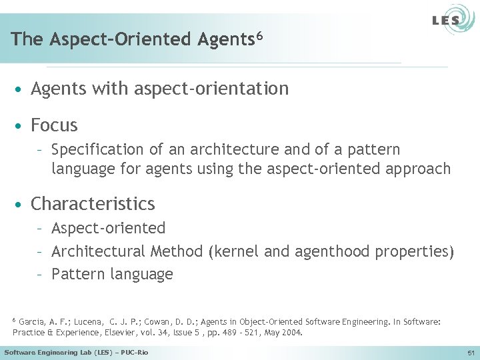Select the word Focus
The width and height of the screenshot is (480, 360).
point(54,125)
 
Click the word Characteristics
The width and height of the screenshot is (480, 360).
point(93,203)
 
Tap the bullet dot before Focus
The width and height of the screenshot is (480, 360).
point(21,125)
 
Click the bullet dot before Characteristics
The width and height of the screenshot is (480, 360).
point(21,203)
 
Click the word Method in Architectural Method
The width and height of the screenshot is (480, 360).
point(177,251)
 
